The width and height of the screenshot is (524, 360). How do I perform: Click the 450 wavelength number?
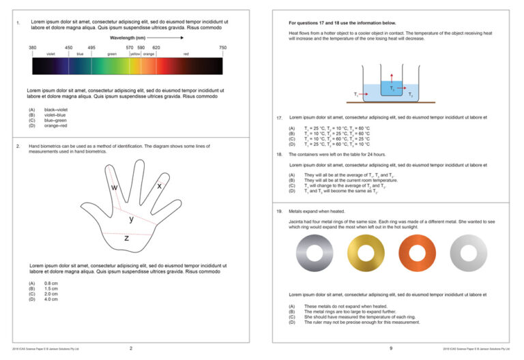(x=69, y=47)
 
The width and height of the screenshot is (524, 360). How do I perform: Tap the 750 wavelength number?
(x=222, y=47)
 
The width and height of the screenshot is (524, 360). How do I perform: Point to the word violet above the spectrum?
(x=50, y=53)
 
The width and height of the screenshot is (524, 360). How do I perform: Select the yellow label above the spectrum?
(x=135, y=53)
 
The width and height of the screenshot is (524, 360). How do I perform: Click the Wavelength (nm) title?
(x=128, y=38)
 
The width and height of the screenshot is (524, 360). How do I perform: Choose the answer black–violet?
(x=56, y=110)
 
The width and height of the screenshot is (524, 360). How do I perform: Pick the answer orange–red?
(x=56, y=125)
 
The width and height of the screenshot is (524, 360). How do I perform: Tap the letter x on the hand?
(x=159, y=185)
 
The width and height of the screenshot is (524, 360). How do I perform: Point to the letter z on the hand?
(x=126, y=239)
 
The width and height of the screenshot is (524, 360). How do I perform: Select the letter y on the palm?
(x=132, y=220)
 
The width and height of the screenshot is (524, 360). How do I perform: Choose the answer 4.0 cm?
(x=51, y=299)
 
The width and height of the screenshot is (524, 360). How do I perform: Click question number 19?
(x=280, y=211)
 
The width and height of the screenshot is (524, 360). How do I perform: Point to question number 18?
(x=280, y=155)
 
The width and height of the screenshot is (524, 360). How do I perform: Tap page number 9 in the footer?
(x=391, y=348)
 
